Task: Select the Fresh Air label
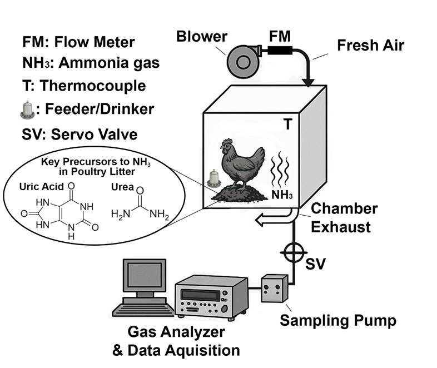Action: point(370,44)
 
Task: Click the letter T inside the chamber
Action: point(287,125)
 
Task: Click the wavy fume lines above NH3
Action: point(281,170)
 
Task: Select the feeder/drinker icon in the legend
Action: point(26,110)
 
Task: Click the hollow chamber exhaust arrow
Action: point(270,222)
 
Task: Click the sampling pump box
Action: point(276,289)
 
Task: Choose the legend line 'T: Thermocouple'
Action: point(85,86)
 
